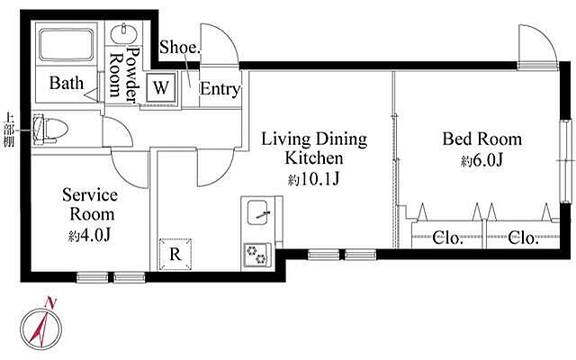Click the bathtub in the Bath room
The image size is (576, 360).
[x=67, y=44]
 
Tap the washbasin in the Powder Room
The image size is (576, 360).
[x=124, y=34]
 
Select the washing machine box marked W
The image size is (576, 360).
[x=161, y=88]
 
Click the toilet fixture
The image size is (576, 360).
[x=50, y=130]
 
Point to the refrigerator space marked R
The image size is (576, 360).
[x=175, y=254]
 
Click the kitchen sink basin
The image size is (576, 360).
[x=257, y=212]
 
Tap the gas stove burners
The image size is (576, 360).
[x=256, y=255]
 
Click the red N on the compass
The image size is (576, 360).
[x=50, y=302]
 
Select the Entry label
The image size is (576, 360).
[x=220, y=89]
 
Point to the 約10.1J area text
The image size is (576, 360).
[x=313, y=180]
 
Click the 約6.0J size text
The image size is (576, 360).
[x=482, y=160]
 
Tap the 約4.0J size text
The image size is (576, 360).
[x=90, y=236]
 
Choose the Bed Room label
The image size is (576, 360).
[x=482, y=139]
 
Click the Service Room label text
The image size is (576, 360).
[x=90, y=204]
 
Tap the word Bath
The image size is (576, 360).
[x=67, y=83]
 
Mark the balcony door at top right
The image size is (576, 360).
[x=537, y=47]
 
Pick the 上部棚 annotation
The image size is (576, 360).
[x=9, y=130]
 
